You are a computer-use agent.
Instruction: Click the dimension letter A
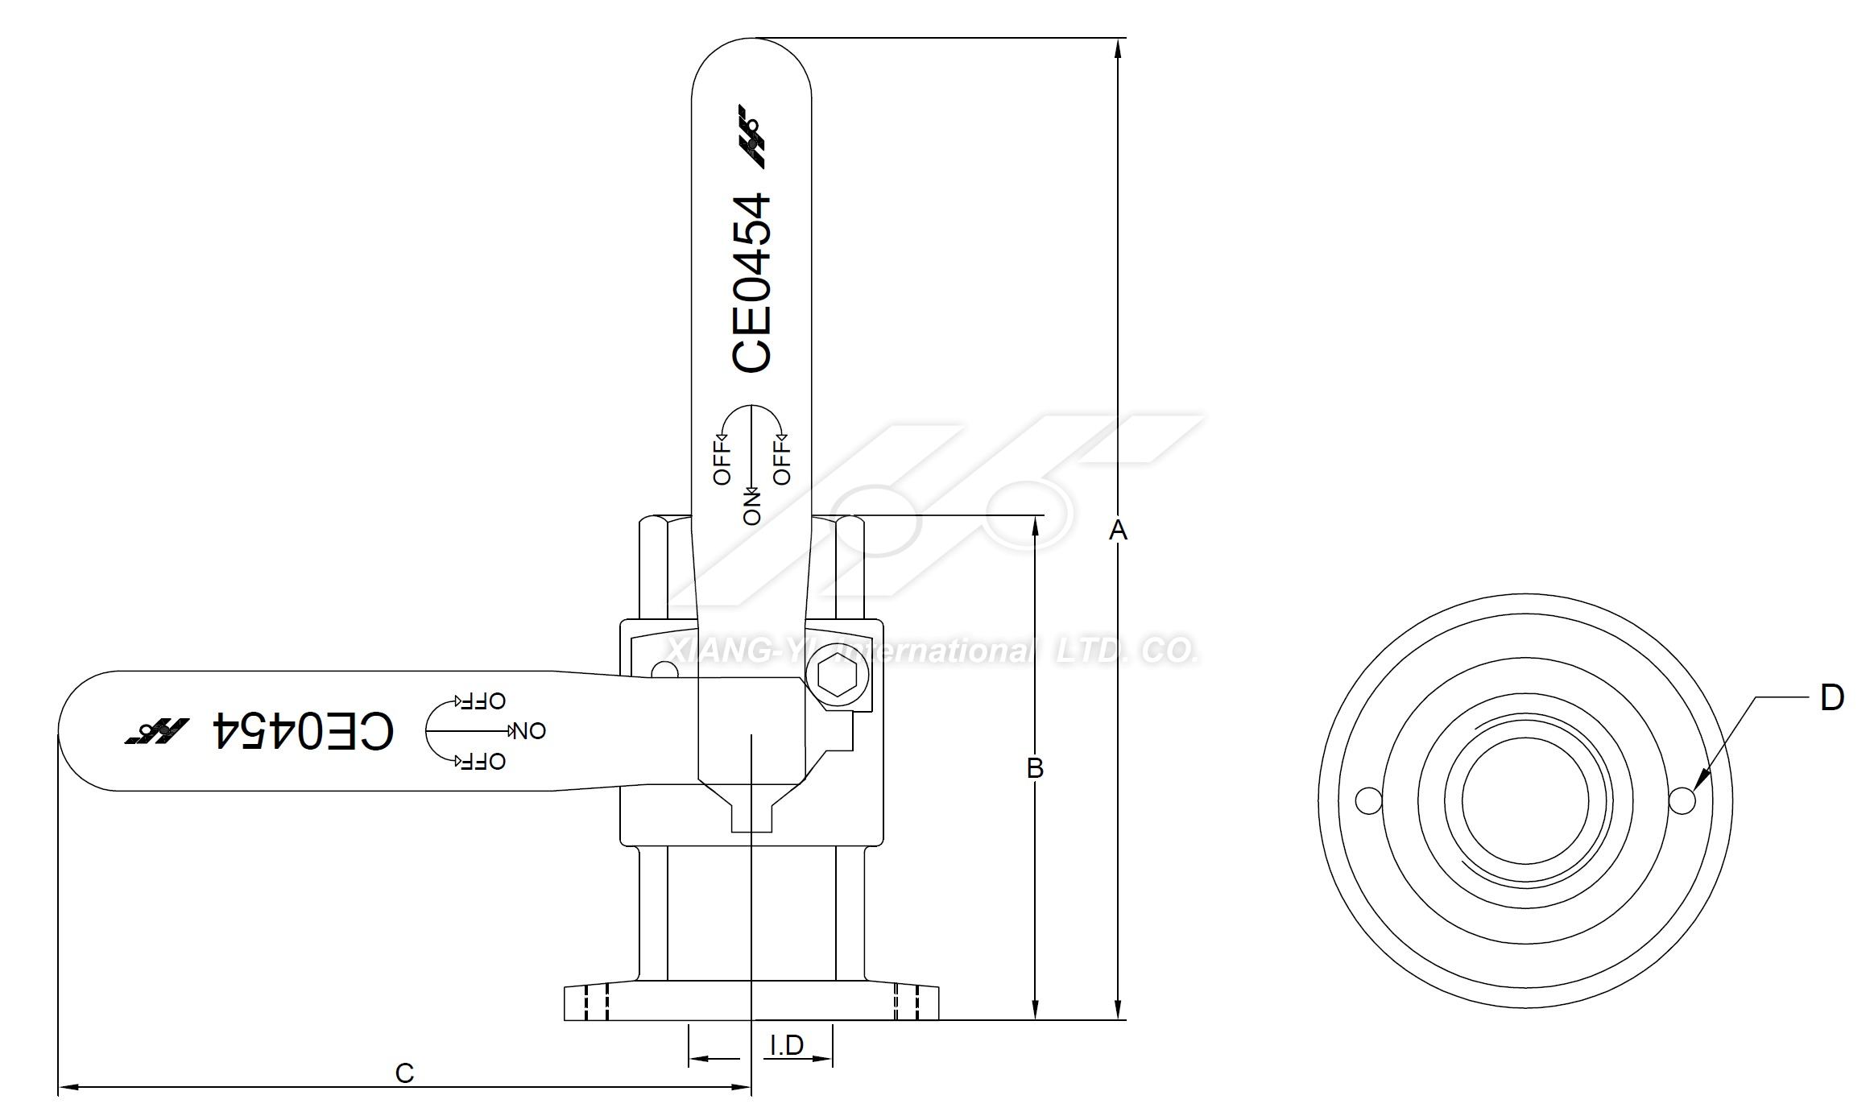pos(1118,530)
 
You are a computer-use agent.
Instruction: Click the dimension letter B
pos(1035,768)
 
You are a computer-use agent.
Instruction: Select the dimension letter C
pos(404,1073)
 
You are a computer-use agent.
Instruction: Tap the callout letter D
pos(1831,697)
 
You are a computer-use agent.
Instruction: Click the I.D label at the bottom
pos(787,1045)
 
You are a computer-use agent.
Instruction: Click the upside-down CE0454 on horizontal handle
pos(303,730)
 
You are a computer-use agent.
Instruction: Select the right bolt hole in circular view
pos(1682,801)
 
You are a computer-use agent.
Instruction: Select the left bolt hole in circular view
pos(1369,801)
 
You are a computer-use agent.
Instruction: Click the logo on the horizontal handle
pos(156,730)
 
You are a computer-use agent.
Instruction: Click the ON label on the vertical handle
pos(752,507)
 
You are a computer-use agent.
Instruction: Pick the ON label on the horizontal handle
pos(529,731)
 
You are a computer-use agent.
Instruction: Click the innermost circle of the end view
pos(1525,801)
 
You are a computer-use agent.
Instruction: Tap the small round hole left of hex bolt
pos(664,671)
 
